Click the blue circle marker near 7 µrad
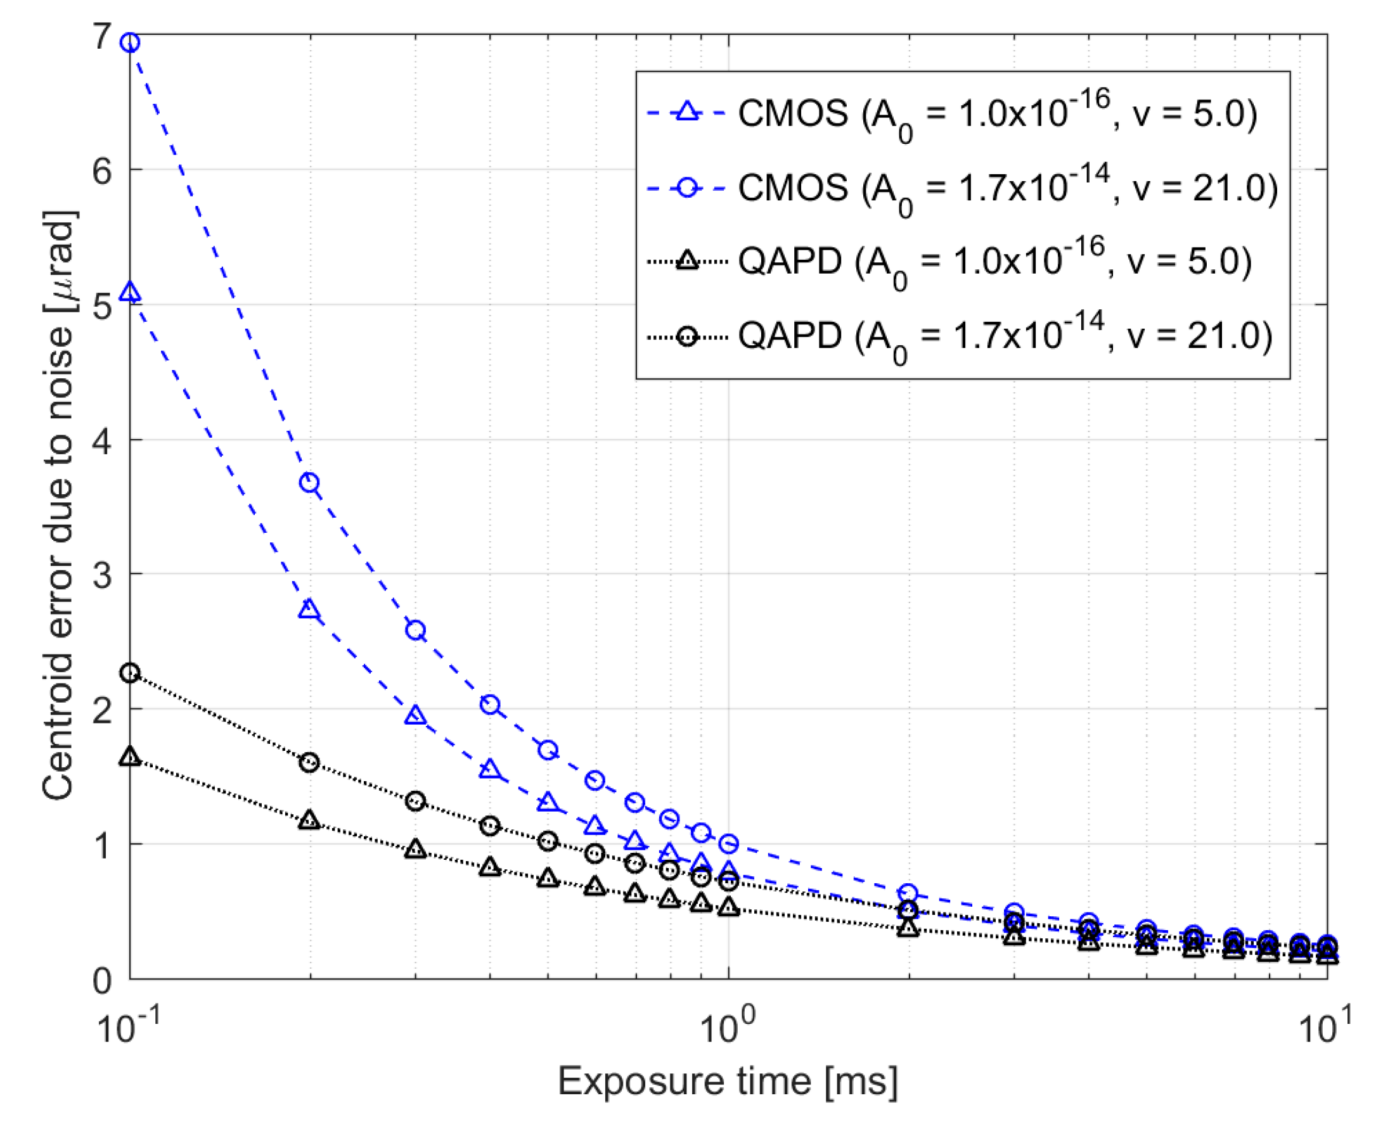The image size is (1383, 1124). point(130,42)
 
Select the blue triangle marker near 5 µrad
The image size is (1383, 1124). point(130,293)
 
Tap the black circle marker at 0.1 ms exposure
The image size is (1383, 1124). point(130,673)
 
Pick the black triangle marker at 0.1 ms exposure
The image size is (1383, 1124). point(130,757)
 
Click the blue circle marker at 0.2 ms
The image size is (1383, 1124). point(310,483)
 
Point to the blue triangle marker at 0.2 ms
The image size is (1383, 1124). point(310,610)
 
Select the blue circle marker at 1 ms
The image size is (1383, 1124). point(729,844)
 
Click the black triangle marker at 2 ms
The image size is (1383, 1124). point(909,928)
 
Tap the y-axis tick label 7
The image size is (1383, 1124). point(102,36)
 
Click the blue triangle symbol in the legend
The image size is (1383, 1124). point(686,113)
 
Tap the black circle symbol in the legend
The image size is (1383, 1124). point(686,336)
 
